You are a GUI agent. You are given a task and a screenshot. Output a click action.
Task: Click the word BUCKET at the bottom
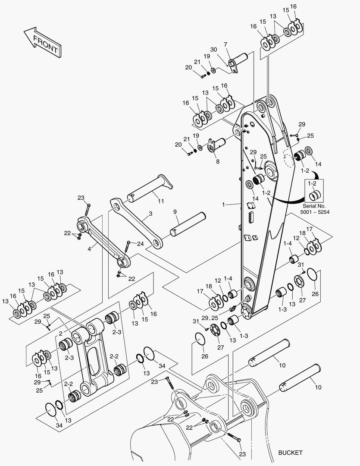(290, 453)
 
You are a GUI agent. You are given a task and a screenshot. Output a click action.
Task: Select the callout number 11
(160, 201)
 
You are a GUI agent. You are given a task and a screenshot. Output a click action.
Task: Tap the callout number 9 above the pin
(175, 212)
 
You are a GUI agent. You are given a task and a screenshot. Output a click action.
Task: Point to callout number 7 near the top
(225, 44)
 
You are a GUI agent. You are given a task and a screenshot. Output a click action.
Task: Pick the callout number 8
(218, 162)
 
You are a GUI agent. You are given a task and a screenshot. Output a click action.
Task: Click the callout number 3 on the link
(150, 214)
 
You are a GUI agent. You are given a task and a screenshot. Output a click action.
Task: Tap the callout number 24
(141, 243)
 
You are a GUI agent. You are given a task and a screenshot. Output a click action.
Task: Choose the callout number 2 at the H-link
(61, 333)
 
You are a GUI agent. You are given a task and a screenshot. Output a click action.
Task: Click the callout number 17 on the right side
(309, 229)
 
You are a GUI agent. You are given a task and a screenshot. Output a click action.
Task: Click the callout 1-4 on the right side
(288, 244)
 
